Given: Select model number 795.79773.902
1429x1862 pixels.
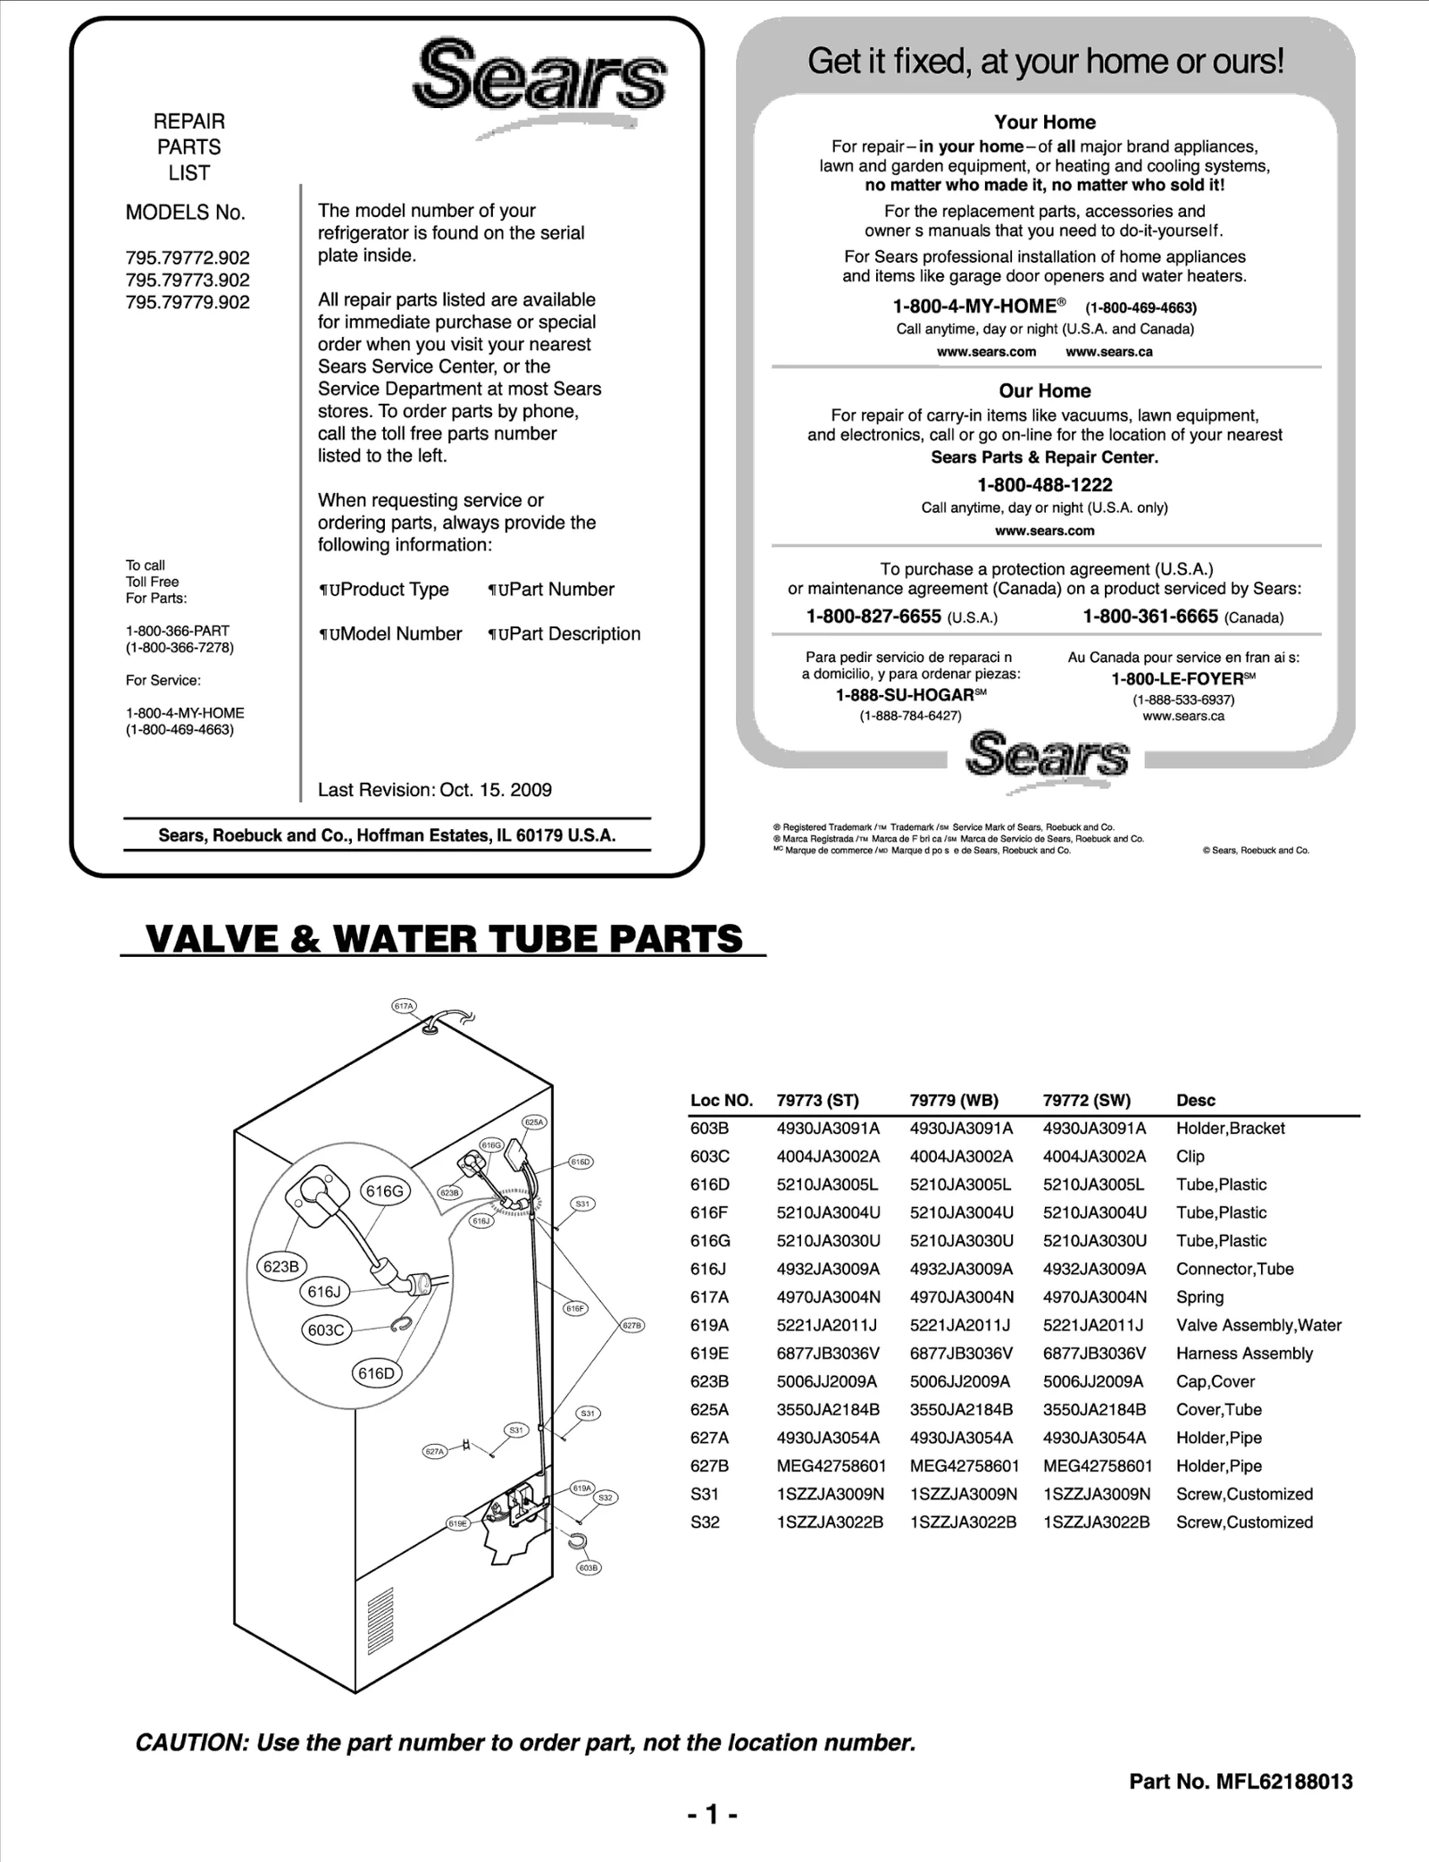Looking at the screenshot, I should (x=188, y=280).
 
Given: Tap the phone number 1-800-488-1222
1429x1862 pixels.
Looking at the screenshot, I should (x=1045, y=485).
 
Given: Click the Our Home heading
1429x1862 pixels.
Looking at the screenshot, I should (x=1045, y=390).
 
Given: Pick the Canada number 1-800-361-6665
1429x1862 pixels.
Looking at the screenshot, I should (x=1150, y=616).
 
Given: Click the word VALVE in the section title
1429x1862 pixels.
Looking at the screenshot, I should (x=214, y=939).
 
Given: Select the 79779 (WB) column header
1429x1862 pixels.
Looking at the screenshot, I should (x=954, y=1100).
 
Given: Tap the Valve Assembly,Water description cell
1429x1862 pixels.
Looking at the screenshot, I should (x=1258, y=1325).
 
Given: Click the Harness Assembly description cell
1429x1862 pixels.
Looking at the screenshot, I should (x=1244, y=1353).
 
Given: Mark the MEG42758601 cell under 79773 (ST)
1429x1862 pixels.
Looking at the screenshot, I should (x=831, y=1465).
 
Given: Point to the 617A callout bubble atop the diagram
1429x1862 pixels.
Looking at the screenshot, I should (x=405, y=1006).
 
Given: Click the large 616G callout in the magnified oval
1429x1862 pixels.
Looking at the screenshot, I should (x=385, y=1191).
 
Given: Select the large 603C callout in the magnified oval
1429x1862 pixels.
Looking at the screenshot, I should (x=326, y=1329).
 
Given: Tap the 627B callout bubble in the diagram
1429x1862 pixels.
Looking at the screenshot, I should (x=631, y=1326).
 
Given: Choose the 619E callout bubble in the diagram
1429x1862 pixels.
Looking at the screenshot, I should (x=458, y=1523).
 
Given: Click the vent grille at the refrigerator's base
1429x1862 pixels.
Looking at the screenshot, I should (x=380, y=1622).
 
